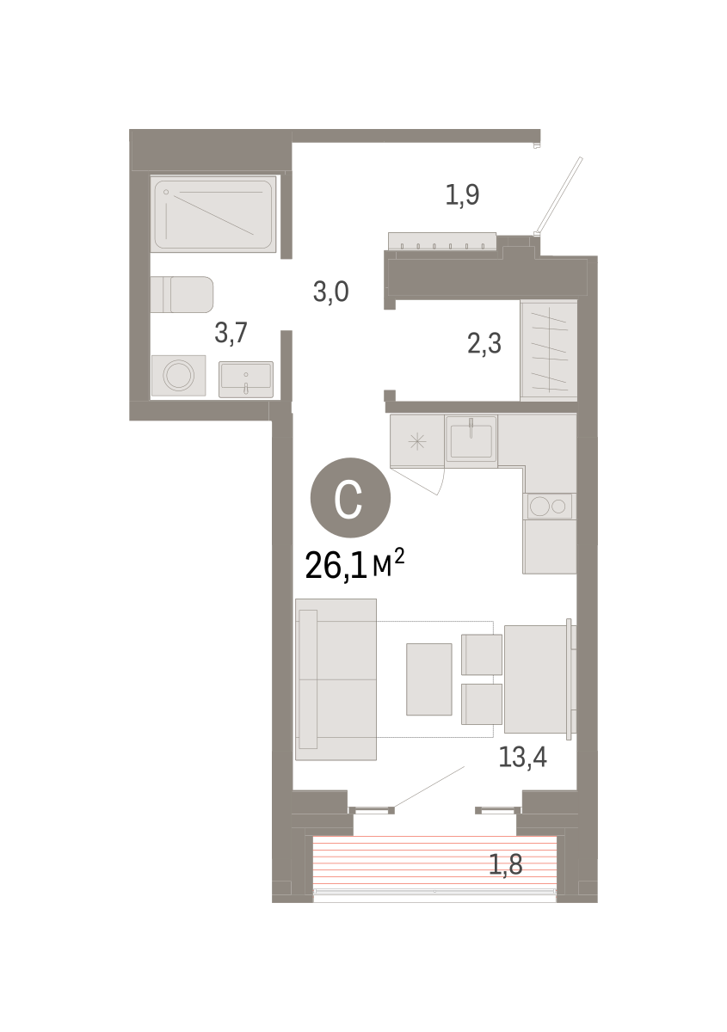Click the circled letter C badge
tap(350, 498)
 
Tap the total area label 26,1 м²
tap(354, 566)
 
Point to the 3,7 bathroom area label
tap(231, 332)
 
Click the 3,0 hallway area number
tap(330, 292)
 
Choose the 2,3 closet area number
tap(484, 344)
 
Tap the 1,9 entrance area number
tap(462, 194)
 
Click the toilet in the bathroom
tap(182, 294)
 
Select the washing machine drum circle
tap(179, 375)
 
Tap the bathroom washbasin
tap(246, 379)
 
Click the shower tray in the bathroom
tap(213, 214)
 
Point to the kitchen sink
tap(471, 441)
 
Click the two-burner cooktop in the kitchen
tap(549, 507)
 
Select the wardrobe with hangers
tap(549, 351)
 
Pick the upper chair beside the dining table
tap(481, 654)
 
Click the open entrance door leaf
tap(558, 195)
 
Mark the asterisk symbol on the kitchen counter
tap(417, 442)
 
